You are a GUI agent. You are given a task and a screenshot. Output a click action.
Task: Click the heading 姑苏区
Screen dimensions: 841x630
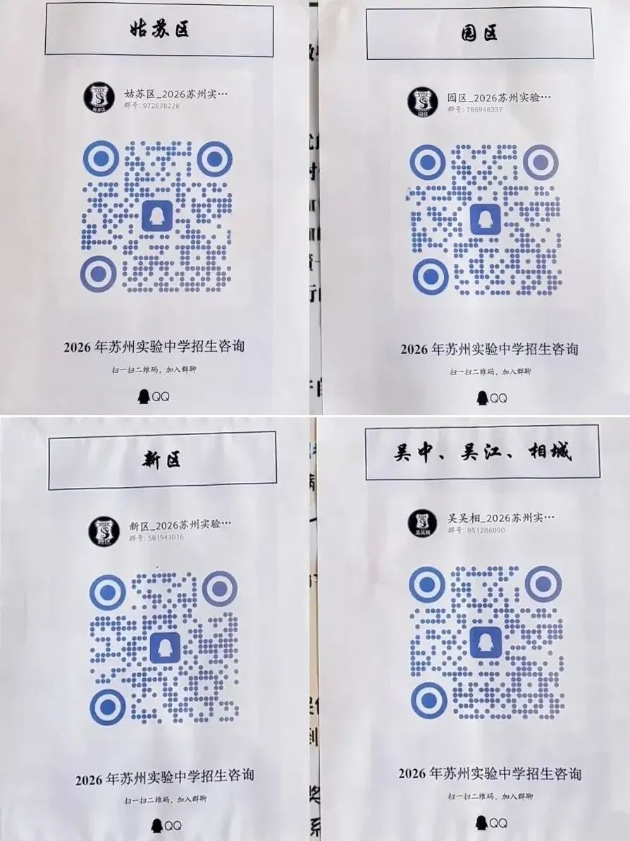[159, 29]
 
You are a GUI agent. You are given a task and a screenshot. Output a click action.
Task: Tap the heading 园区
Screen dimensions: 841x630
[478, 32]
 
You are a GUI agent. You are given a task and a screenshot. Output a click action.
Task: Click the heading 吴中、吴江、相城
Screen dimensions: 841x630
[482, 452]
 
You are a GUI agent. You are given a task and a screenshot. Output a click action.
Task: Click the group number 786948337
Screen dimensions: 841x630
[475, 110]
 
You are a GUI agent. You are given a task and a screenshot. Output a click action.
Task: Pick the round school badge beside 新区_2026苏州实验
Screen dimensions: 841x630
[104, 532]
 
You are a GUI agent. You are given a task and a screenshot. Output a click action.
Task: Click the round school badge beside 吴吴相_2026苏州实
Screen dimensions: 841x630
[422, 523]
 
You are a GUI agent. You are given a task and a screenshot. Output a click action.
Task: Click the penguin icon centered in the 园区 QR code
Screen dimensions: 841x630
[486, 219]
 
